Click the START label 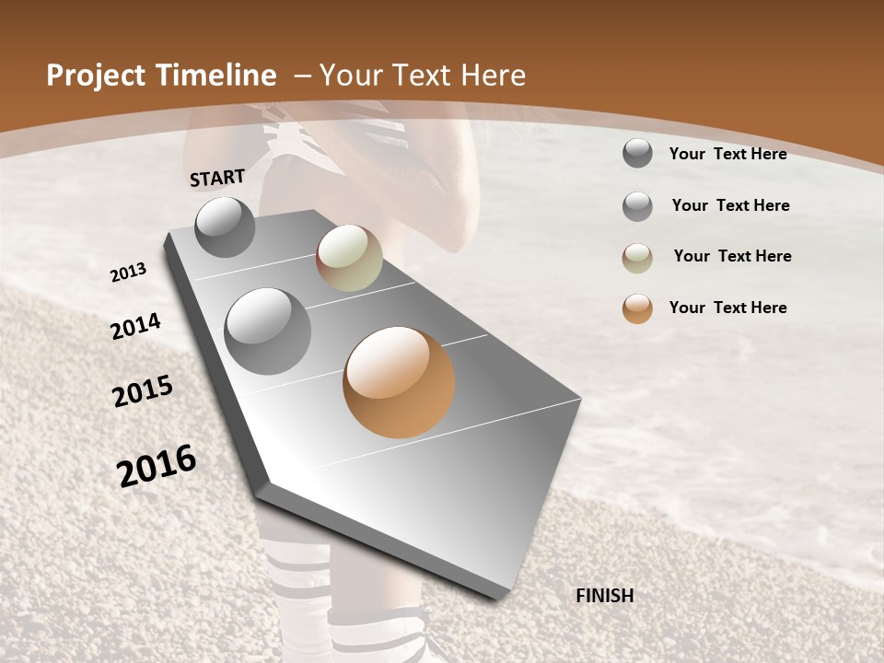coord(217,178)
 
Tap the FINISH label coord(604,596)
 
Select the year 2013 coord(129,273)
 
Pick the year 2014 coord(135,326)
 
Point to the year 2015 coord(143,391)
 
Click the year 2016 coord(157,465)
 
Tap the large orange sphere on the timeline coord(399,382)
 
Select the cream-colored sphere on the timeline coord(349,258)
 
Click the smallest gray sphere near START coord(225,227)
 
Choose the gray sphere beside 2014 coord(267,331)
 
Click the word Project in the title coord(97,76)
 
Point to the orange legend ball coord(637,308)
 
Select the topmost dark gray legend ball coord(637,153)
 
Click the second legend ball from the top coord(637,206)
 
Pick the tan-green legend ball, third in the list coord(637,258)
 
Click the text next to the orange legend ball coord(727,308)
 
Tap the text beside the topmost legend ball coord(727,154)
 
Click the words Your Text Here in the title coord(423,76)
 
